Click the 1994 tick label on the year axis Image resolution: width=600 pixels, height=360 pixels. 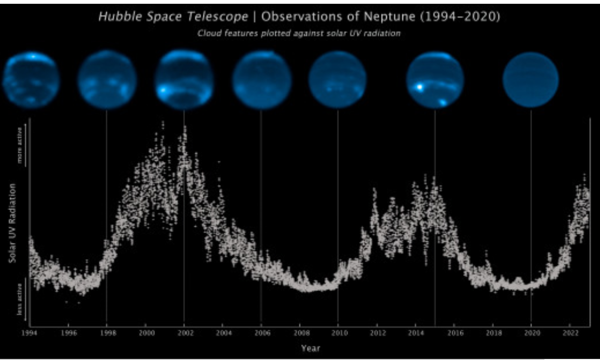tap(29, 334)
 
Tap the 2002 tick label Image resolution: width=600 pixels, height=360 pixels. tap(185, 334)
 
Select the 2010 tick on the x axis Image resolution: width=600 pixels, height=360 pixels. tap(338, 334)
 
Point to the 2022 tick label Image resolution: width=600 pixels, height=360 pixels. tap(570, 334)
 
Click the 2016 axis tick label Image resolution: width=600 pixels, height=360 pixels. tap(454, 334)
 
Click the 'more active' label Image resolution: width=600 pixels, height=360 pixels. tap(20, 151)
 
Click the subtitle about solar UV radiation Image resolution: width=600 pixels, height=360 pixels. tap(299, 33)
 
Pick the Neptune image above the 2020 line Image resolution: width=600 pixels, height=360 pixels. tap(530, 80)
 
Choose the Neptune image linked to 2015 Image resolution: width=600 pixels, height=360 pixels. tap(435, 80)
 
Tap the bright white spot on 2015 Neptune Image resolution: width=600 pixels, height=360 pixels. tap(419, 86)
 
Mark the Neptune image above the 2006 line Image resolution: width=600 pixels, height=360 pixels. tap(261, 80)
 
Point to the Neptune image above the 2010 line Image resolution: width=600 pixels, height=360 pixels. tap(337, 80)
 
